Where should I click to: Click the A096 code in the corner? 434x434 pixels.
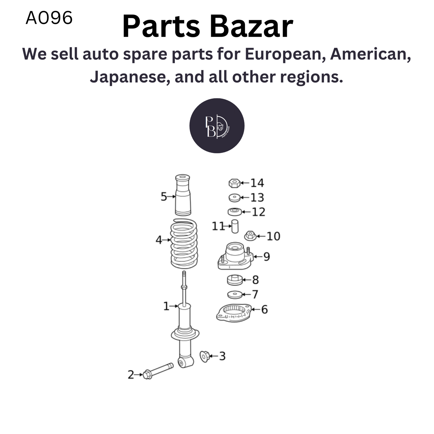[x=49, y=18]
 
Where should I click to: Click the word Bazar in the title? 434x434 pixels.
[x=250, y=27]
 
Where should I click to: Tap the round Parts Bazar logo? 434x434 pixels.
[x=217, y=126]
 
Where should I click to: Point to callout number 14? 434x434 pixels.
[x=257, y=183]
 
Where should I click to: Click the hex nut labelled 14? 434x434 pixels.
[x=234, y=183]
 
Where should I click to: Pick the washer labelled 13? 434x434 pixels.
[x=235, y=198]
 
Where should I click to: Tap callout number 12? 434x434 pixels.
[x=258, y=212]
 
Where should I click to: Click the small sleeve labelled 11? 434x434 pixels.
[x=235, y=226]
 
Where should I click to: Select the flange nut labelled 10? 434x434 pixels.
[x=250, y=236]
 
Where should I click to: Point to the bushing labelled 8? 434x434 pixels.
[x=235, y=280]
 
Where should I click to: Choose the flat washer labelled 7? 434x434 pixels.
[x=235, y=295]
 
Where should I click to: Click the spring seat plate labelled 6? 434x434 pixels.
[x=234, y=313]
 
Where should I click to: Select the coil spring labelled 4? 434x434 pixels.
[x=184, y=244]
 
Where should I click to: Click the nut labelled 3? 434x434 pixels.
[x=205, y=356]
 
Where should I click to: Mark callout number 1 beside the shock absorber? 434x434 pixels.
[x=166, y=306]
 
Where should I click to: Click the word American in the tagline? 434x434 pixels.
[x=370, y=54]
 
